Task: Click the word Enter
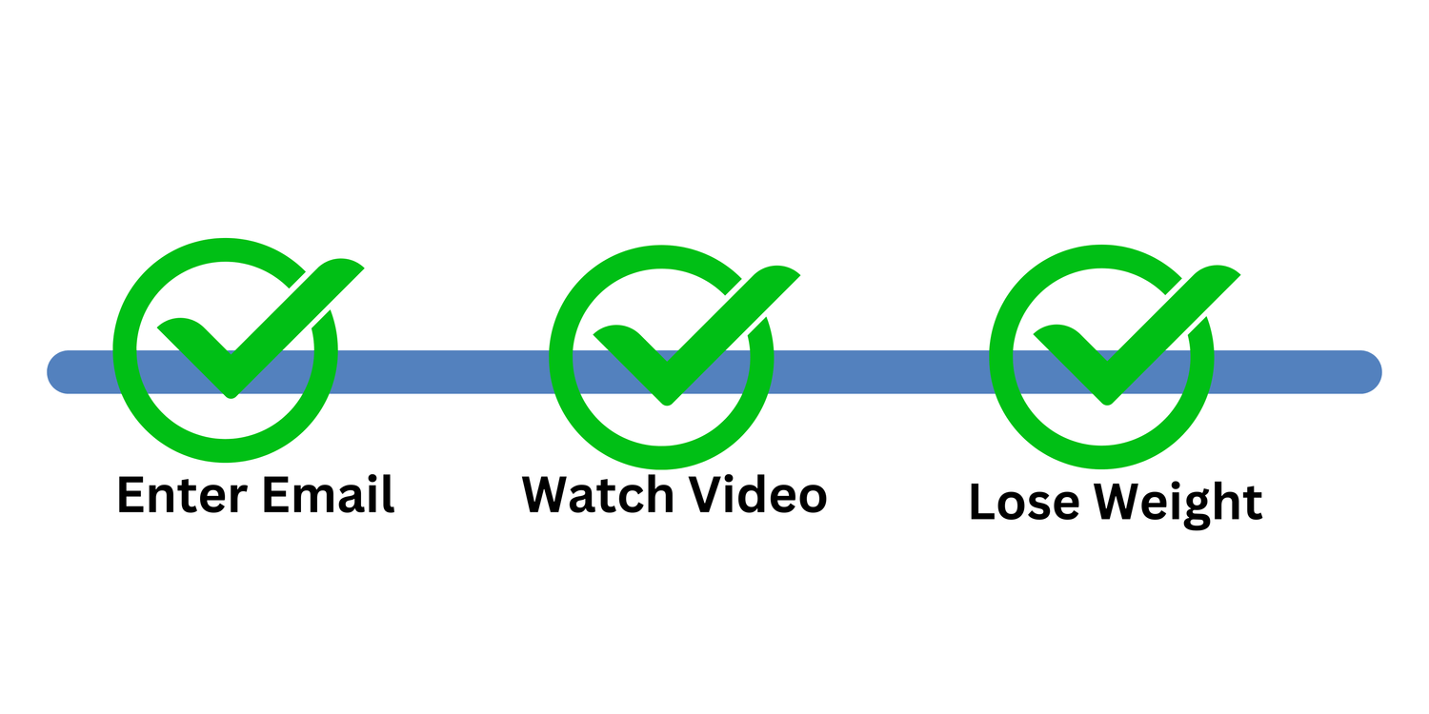coord(181,495)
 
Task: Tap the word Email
coord(329,495)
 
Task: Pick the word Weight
coord(1178,503)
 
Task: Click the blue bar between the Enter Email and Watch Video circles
coord(443,372)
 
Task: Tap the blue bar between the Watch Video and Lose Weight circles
coord(881,372)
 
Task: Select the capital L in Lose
coord(981,503)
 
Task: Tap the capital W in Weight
coord(1120,503)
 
